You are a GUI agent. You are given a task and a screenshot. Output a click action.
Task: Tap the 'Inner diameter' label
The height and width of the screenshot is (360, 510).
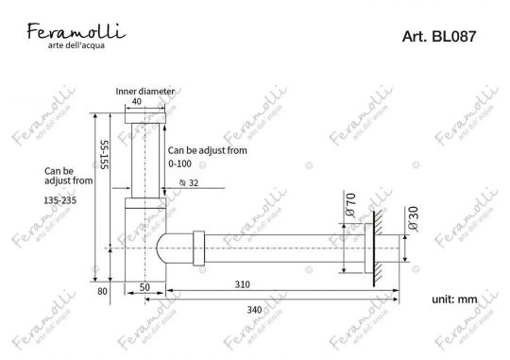pyautogui.click(x=144, y=91)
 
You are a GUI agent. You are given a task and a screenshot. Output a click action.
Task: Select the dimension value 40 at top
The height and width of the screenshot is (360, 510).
pyautogui.click(x=137, y=101)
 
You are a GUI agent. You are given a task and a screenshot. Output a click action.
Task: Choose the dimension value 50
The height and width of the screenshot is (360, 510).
pyautogui.click(x=146, y=285)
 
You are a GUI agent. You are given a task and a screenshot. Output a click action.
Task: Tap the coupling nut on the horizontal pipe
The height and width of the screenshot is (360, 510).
pyautogui.click(x=197, y=249)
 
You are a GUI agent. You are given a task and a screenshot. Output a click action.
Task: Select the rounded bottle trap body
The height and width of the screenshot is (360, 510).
pyautogui.click(x=164, y=249)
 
